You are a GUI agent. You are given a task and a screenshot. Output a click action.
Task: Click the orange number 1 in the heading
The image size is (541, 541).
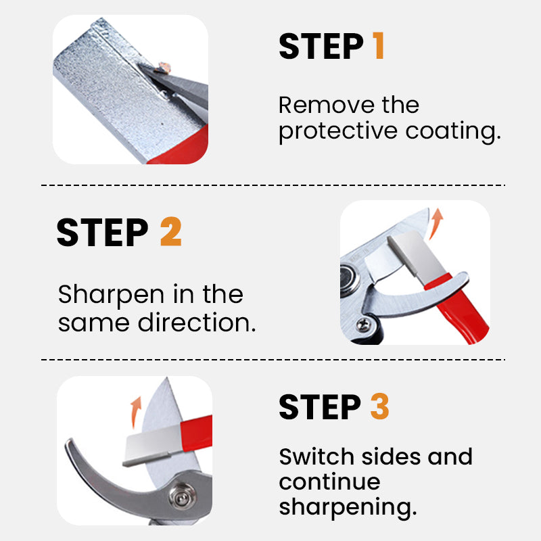tap(377, 46)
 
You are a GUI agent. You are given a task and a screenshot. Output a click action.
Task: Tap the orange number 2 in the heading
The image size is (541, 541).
tap(170, 231)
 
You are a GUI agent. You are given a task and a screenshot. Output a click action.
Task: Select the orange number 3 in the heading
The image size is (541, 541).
tap(379, 407)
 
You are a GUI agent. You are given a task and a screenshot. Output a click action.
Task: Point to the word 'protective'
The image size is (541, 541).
tap(338, 131)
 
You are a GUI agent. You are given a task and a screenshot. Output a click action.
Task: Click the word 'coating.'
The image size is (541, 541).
tap(453, 131)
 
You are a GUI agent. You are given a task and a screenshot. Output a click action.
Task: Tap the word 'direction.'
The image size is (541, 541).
tap(197, 322)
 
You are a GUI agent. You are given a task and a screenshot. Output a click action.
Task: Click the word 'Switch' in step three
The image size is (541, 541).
tap(314, 456)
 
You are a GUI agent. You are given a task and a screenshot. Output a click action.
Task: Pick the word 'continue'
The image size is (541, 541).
tap(329, 482)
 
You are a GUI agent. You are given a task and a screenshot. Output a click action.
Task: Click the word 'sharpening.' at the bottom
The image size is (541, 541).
tap(347, 507)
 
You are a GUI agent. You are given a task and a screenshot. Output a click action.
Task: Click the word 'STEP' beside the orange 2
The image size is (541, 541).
tap(102, 231)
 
